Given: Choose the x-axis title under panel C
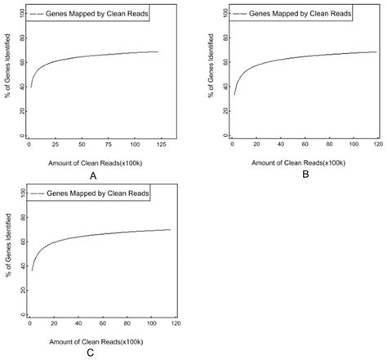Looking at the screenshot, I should (x=91, y=339).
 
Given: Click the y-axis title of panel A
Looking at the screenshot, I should (x=7, y=73).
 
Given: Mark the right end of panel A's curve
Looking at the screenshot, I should (x=157, y=52).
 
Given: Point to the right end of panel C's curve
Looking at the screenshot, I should (x=171, y=229).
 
